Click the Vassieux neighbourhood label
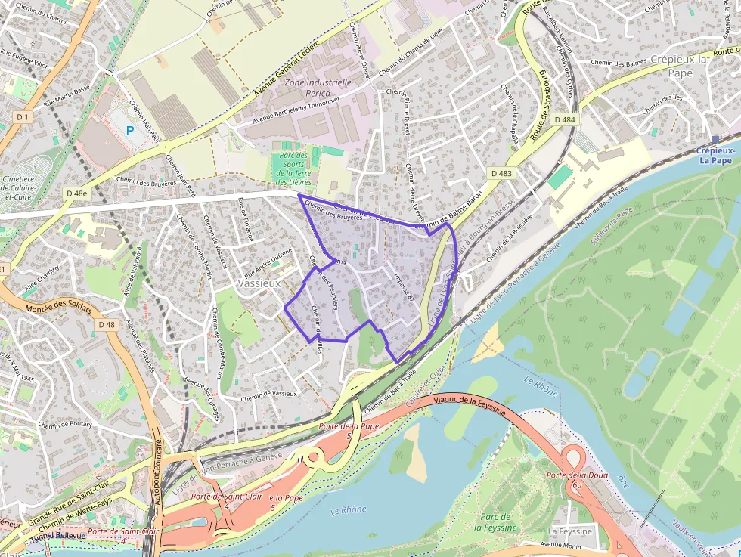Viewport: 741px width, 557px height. pos(259,283)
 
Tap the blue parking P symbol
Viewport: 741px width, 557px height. pos(130,131)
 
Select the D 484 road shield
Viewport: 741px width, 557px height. pos(564,119)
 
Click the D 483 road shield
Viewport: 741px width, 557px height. pos(501,173)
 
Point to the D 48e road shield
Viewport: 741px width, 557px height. pos(76,193)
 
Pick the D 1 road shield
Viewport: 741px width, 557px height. pos(23,116)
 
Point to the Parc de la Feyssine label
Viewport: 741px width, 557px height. pos(497,522)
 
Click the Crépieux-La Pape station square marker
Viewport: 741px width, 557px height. pos(715,139)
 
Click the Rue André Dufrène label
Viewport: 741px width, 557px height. pos(267,262)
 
